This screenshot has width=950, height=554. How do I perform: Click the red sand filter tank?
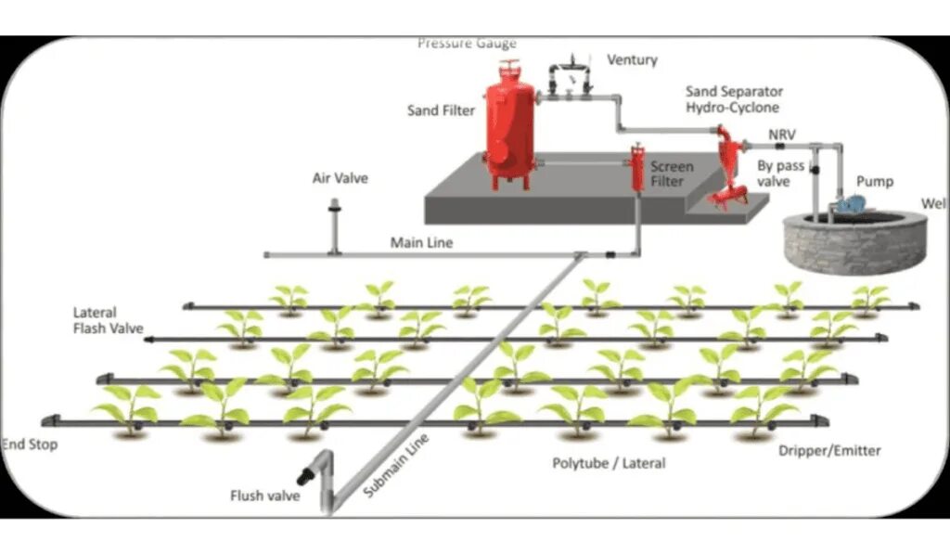pyautogui.click(x=508, y=125)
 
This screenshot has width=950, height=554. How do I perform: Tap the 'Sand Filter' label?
pyautogui.click(x=441, y=111)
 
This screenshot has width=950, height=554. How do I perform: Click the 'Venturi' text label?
pyautogui.click(x=632, y=60)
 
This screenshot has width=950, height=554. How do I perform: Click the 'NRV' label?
pyautogui.click(x=782, y=134)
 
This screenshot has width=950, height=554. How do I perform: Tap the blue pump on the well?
pyautogui.click(x=850, y=203)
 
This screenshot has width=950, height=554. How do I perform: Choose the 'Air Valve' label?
pyautogui.click(x=340, y=178)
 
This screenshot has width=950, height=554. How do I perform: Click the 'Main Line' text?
pyautogui.click(x=421, y=243)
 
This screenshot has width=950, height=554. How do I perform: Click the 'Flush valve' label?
pyautogui.click(x=264, y=496)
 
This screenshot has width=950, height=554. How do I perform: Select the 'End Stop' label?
pyautogui.click(x=31, y=444)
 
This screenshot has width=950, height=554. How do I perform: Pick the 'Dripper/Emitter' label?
pyautogui.click(x=830, y=451)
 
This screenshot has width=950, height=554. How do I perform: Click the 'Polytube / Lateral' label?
pyautogui.click(x=609, y=462)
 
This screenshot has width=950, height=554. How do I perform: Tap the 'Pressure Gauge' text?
pyautogui.click(x=467, y=43)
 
